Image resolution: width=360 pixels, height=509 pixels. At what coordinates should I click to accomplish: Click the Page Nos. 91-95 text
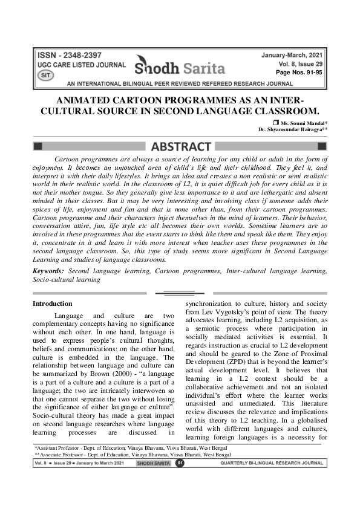tap(301, 71)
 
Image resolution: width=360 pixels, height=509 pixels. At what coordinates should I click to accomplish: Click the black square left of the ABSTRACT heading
tap(38, 146)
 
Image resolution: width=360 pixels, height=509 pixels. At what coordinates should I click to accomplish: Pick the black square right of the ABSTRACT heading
tap(322, 146)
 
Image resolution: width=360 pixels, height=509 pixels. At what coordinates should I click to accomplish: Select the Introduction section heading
tap(52, 303)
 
